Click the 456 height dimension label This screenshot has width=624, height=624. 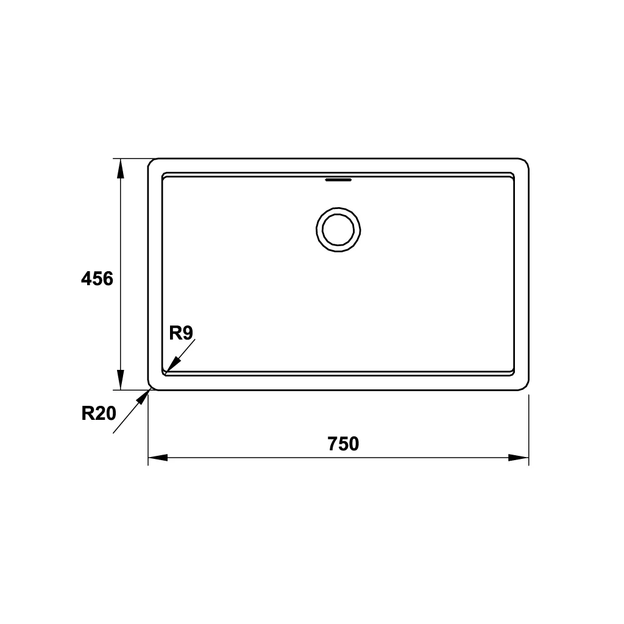pyautogui.click(x=97, y=278)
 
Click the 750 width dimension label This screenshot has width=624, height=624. pyautogui.click(x=344, y=444)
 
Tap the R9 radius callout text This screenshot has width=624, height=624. pyautogui.click(x=181, y=333)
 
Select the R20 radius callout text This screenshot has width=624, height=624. pyautogui.click(x=99, y=414)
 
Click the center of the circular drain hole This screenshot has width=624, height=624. pyautogui.click(x=338, y=230)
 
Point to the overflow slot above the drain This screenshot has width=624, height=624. pyautogui.click(x=338, y=180)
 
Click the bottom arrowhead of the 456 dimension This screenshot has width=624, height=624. pyautogui.click(x=121, y=380)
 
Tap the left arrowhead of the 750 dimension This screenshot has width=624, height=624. pyautogui.click(x=158, y=458)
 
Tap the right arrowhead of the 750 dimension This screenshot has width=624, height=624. pyautogui.click(x=519, y=458)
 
